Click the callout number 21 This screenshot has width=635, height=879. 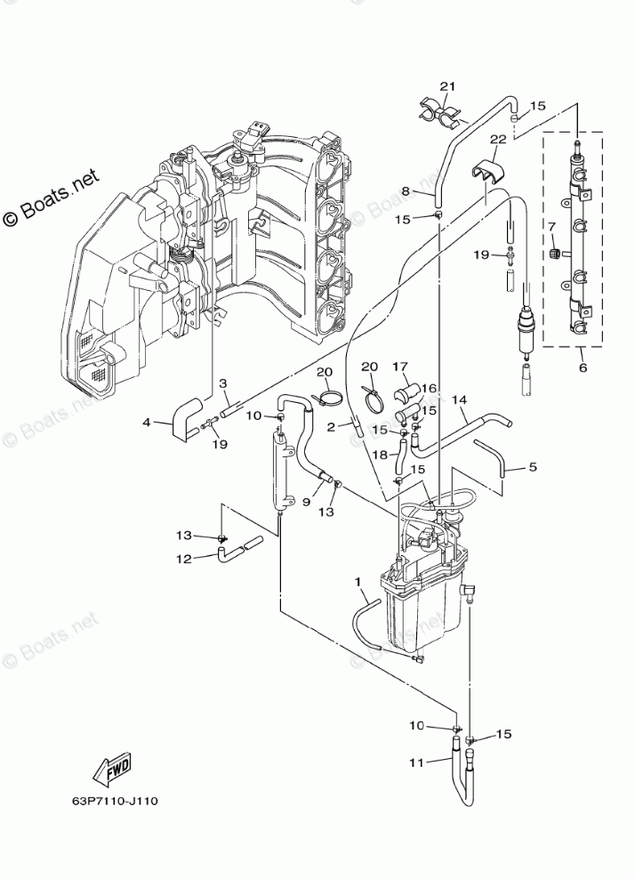[446, 86]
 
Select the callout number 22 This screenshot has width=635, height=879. [497, 139]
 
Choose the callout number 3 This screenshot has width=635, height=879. [224, 383]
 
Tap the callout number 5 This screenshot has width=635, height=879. [532, 465]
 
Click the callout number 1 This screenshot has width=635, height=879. [359, 583]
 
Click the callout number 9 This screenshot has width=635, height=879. [305, 502]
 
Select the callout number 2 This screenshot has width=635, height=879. [330, 428]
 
